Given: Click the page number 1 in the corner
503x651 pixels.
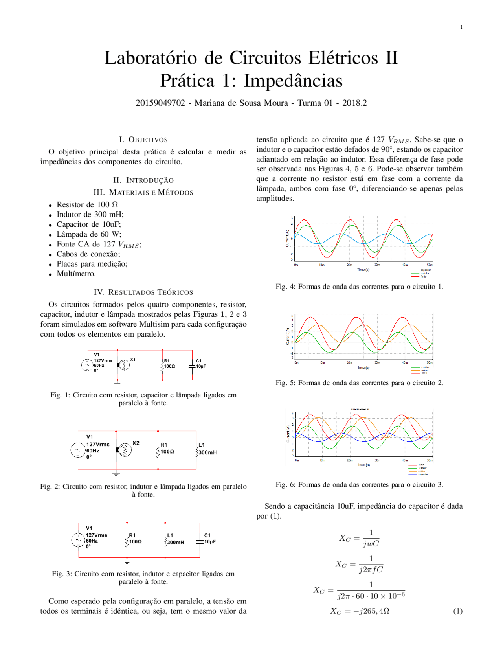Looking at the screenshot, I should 461,27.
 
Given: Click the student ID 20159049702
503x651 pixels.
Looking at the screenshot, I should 160,103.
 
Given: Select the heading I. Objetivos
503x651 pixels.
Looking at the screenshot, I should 143,140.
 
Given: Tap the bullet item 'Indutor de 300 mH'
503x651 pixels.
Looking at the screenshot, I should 90,214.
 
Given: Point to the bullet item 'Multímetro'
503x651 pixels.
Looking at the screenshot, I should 76,274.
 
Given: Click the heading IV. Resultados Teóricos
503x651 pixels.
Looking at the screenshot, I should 143,292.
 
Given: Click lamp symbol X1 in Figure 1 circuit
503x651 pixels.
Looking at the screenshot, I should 124,365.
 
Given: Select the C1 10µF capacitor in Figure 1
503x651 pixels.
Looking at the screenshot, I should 193,366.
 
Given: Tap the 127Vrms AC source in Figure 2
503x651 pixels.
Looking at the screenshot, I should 78,450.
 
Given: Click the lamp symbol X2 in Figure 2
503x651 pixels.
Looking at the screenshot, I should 125,449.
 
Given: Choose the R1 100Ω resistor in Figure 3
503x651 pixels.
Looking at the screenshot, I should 127,542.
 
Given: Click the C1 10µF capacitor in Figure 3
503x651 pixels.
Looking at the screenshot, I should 200,541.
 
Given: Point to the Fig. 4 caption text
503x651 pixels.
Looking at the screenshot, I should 359,287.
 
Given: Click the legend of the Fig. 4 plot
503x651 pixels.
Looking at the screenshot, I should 420,273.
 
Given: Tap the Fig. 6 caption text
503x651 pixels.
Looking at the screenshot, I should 359,484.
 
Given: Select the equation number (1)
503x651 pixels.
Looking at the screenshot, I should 458,611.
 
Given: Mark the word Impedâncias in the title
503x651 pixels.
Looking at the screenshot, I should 293,81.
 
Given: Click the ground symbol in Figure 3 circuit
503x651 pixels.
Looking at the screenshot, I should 127,562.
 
